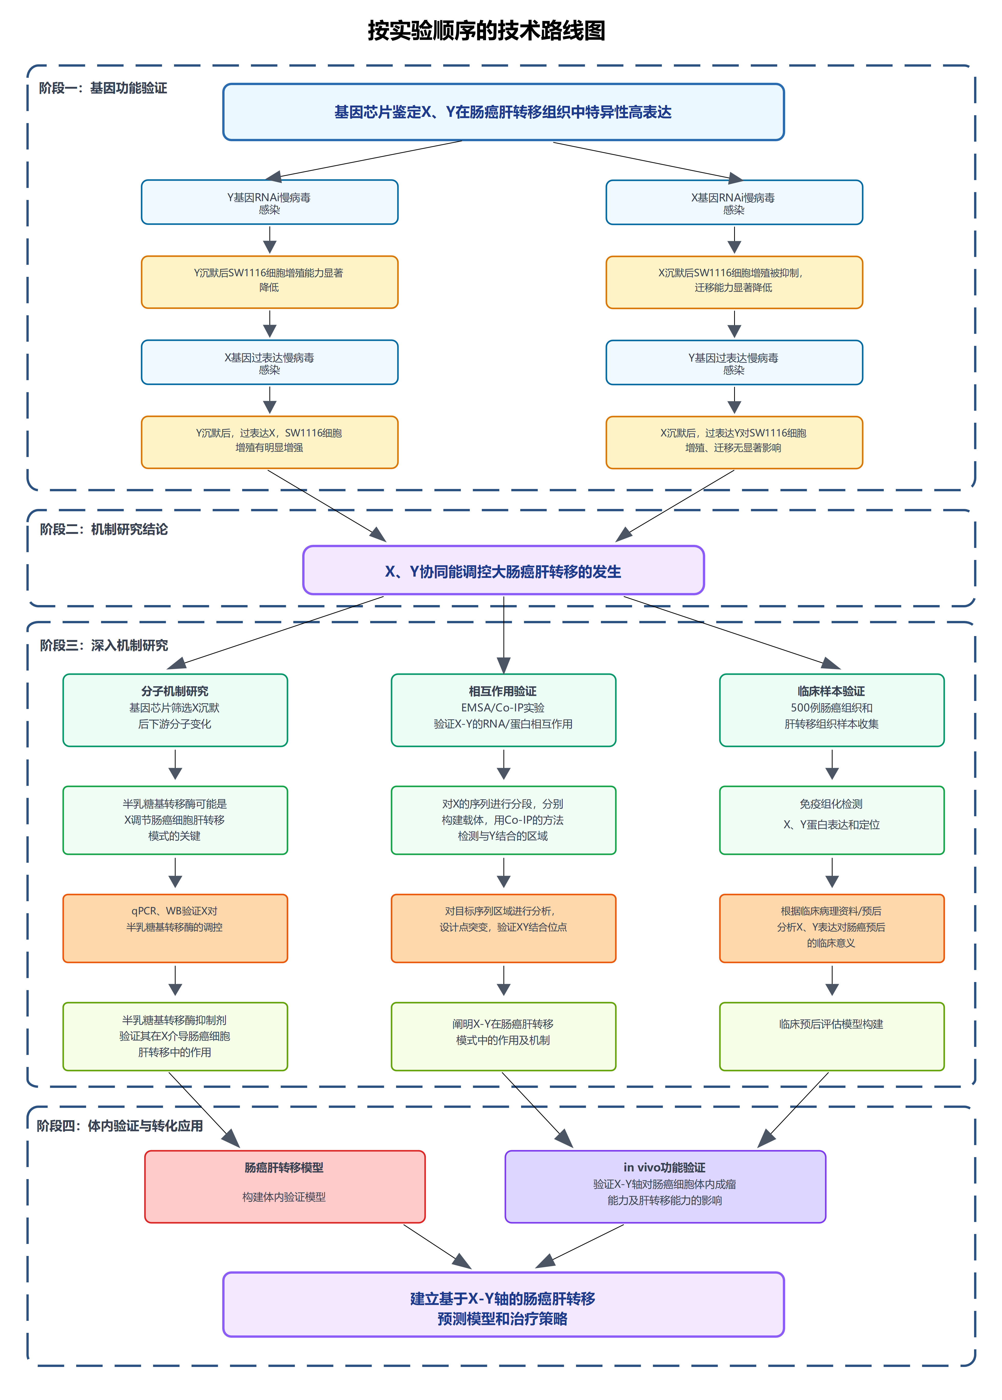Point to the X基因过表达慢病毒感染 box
coord(270,363)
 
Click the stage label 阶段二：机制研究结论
coord(104,529)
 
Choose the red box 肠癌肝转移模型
coord(285,1186)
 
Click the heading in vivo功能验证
coord(664,1168)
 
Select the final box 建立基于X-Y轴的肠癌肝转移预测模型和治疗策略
coord(503,1304)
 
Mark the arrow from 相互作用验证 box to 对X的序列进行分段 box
coord(503,765)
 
